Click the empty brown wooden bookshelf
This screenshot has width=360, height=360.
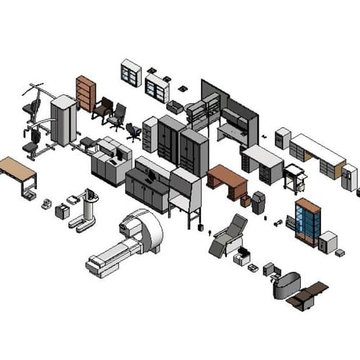86,93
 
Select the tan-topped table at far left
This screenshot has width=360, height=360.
18,171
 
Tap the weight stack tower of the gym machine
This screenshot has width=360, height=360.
63,120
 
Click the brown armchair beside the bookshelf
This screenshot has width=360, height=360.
102,108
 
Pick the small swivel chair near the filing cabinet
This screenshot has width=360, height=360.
133,131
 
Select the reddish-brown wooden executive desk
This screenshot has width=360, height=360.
226,180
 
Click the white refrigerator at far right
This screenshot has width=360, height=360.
349,177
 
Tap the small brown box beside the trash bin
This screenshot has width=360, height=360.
246,201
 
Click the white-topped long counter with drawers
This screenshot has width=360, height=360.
317,155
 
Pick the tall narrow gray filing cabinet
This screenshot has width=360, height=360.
150,135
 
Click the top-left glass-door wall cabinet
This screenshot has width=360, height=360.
131,73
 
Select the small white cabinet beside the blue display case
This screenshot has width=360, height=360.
328,241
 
